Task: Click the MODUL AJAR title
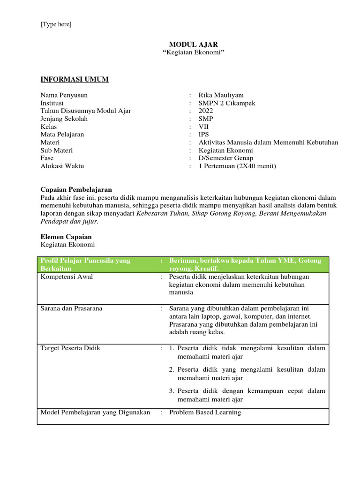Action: pyautogui.click(x=193, y=45)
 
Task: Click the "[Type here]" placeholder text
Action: pyautogui.click(x=56, y=24)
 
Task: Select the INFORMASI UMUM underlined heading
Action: pyautogui.click(x=75, y=79)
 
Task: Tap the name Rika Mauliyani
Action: pyautogui.click(x=222, y=95)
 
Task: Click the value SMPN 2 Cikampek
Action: pyautogui.click(x=227, y=103)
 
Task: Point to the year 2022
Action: pyautogui.click(x=206, y=111)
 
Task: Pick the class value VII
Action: pyautogui.click(x=204, y=127)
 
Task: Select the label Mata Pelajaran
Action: pyautogui.click(x=62, y=135)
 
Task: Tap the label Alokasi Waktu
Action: pyautogui.click(x=62, y=166)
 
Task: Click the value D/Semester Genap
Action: pyautogui.click(x=226, y=158)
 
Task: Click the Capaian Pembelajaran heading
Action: pyautogui.click(x=76, y=190)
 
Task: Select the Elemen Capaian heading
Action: pyautogui.click(x=66, y=237)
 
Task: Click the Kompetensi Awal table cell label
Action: pyautogui.click(x=67, y=277)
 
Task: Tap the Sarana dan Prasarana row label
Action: pyautogui.click(x=71, y=308)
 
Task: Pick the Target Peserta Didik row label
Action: pyautogui.click(x=70, y=348)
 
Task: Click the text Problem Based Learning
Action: pyautogui.click(x=205, y=412)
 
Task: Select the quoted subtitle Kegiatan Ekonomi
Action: pyautogui.click(x=193, y=52)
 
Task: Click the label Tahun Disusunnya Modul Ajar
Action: pyautogui.click(x=86, y=111)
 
